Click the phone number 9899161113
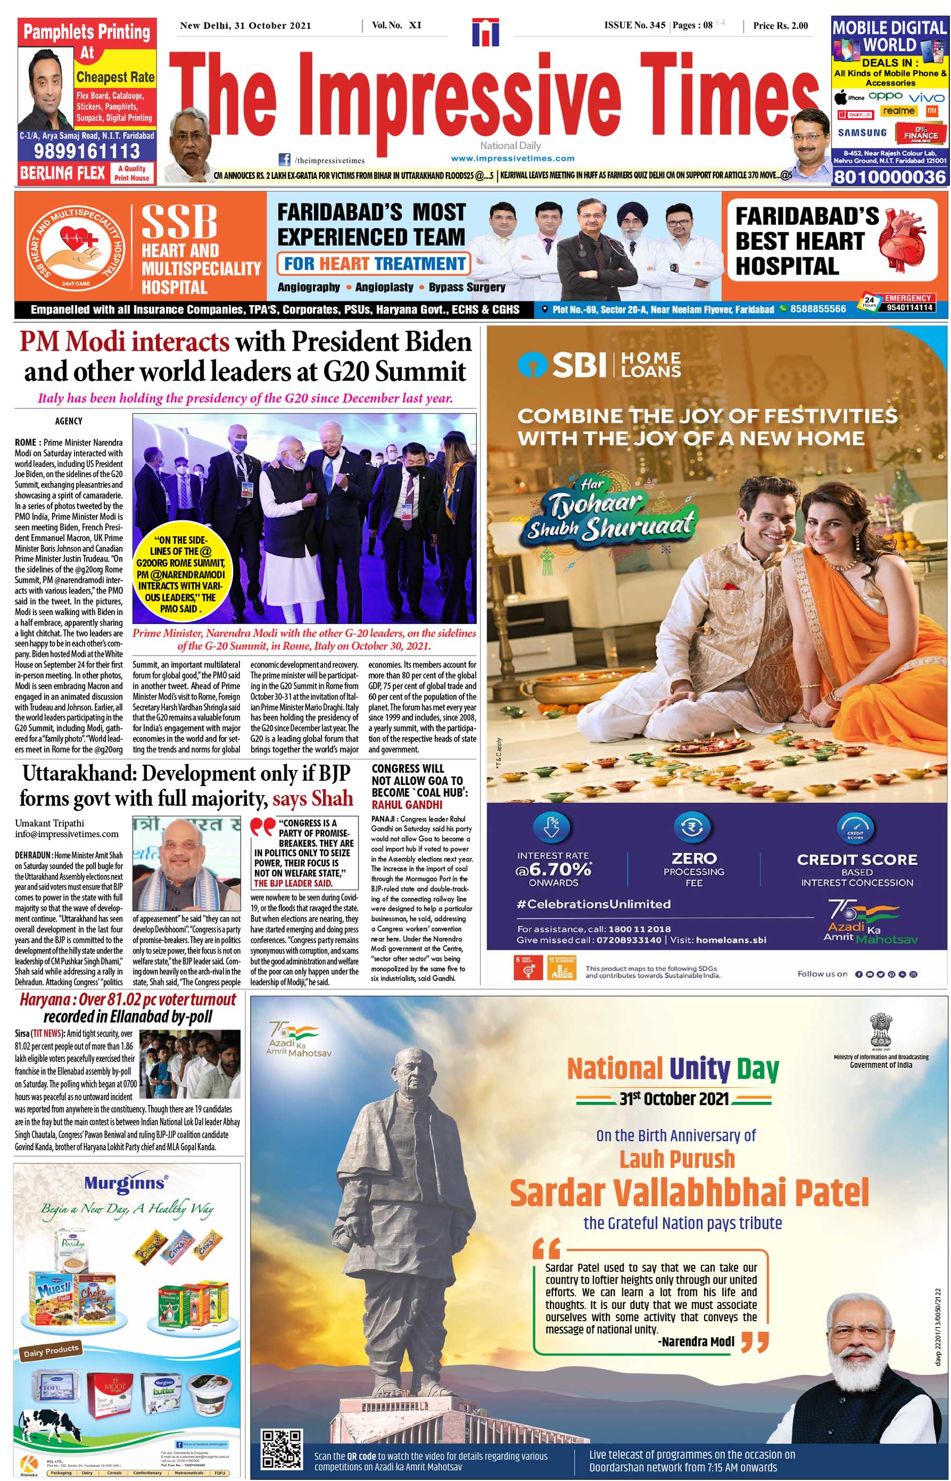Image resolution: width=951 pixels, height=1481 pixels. click(x=87, y=151)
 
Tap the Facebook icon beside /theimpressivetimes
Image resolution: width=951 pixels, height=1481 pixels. click(x=284, y=159)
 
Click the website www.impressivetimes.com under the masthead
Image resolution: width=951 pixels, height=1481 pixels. click(x=513, y=158)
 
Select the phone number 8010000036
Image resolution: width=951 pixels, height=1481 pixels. click(x=889, y=177)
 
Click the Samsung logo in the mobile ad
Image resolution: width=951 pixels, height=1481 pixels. click(x=862, y=133)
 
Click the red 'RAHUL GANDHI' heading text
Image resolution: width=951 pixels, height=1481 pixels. click(x=407, y=804)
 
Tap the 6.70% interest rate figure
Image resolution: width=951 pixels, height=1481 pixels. click(x=554, y=869)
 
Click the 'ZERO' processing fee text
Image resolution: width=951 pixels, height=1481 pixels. click(x=694, y=858)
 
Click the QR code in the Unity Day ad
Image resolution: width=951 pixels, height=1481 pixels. click(x=282, y=1449)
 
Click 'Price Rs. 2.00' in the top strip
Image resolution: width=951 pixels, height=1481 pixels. click(x=780, y=25)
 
